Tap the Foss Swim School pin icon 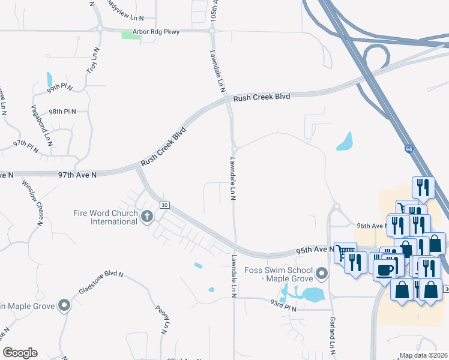click(322, 275)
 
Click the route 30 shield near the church click(163, 205)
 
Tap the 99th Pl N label click(60, 88)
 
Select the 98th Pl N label click(63, 112)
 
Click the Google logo click(20, 353)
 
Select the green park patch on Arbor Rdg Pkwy click(130, 36)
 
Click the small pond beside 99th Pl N click(49, 79)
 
